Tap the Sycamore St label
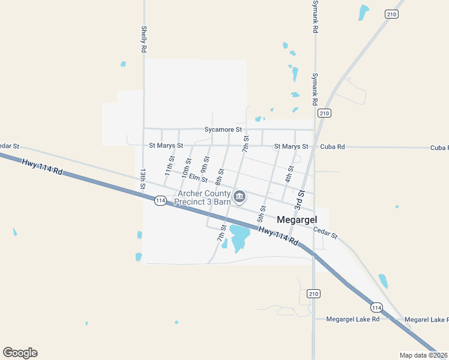223,129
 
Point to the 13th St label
143,179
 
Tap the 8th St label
220,177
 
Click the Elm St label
197,178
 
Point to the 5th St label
262,212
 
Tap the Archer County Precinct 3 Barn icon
240,197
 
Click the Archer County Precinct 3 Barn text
203,197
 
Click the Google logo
20,353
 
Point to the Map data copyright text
424,355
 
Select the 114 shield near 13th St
160,200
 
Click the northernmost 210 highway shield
391,14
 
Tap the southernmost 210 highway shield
313,293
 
